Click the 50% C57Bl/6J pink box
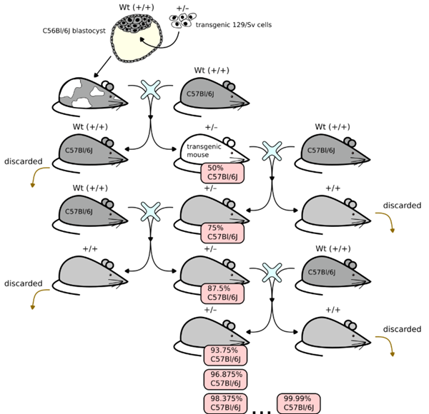pyautogui.click(x=222, y=173)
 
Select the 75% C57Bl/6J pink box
pyautogui.click(x=222, y=233)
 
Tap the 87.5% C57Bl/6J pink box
pyautogui.click(x=222, y=292)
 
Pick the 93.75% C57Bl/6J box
pyautogui.click(x=225, y=355)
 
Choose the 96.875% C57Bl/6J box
pyautogui.click(x=225, y=378)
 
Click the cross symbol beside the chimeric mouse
pyautogui.click(x=151, y=89)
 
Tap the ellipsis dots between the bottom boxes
pyautogui.click(x=262, y=410)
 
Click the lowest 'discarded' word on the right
pyautogui.click(x=401, y=329)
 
